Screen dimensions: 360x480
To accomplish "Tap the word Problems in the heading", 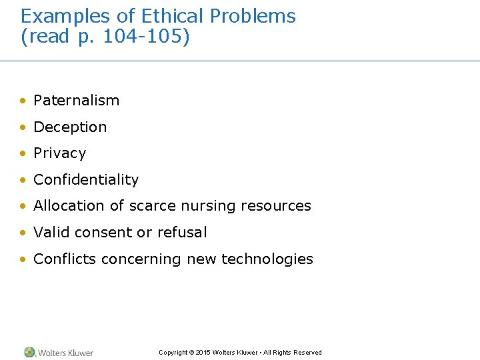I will (251, 16).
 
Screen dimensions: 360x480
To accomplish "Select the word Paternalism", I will (76, 101).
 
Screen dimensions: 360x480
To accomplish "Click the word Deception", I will (70, 127).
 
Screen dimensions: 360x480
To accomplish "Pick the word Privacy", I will (59, 153).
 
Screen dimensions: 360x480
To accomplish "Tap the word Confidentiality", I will (86, 180).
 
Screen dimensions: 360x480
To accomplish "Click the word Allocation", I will (69, 206).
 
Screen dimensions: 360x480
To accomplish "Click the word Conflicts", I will (65, 259).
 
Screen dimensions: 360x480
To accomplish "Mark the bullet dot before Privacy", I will (23, 154).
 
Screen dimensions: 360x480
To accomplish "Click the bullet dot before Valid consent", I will (23, 233).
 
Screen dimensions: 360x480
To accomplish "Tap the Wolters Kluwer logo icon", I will (29, 352).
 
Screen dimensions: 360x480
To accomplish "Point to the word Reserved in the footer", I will (307, 353).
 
